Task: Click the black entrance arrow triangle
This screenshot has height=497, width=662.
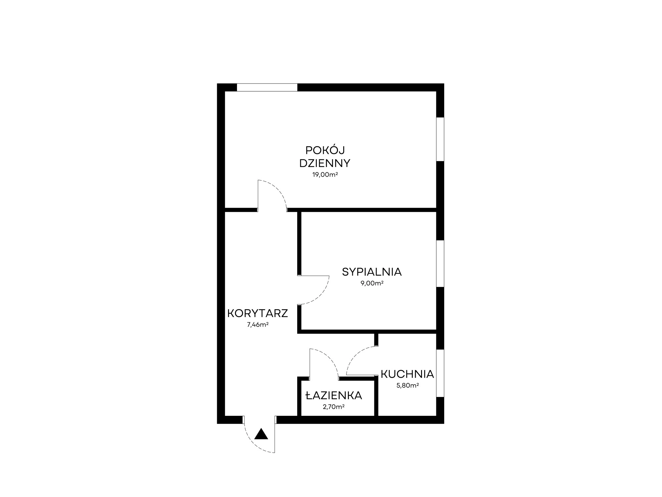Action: point(261,434)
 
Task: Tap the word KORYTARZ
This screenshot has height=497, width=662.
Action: point(258,313)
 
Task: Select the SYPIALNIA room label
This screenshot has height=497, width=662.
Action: point(372,272)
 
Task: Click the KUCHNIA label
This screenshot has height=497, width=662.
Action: point(407,374)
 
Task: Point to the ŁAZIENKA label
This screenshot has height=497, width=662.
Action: point(334,396)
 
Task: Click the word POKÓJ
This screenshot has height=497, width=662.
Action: point(325,150)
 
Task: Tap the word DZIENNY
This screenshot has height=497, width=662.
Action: point(325,163)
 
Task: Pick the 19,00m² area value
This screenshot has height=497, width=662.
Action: point(325,175)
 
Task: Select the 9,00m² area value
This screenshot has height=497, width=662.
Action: point(372,283)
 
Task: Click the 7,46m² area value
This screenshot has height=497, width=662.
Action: point(258,325)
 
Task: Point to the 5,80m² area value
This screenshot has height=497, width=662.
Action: point(407,385)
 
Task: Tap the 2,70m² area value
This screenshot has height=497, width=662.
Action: point(334,407)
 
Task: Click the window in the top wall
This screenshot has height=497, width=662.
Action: point(267,87)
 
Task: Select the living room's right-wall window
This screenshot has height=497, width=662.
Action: point(440,139)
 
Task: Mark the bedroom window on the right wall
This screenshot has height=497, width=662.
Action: point(440,264)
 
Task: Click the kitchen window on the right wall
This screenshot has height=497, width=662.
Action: point(440,373)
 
